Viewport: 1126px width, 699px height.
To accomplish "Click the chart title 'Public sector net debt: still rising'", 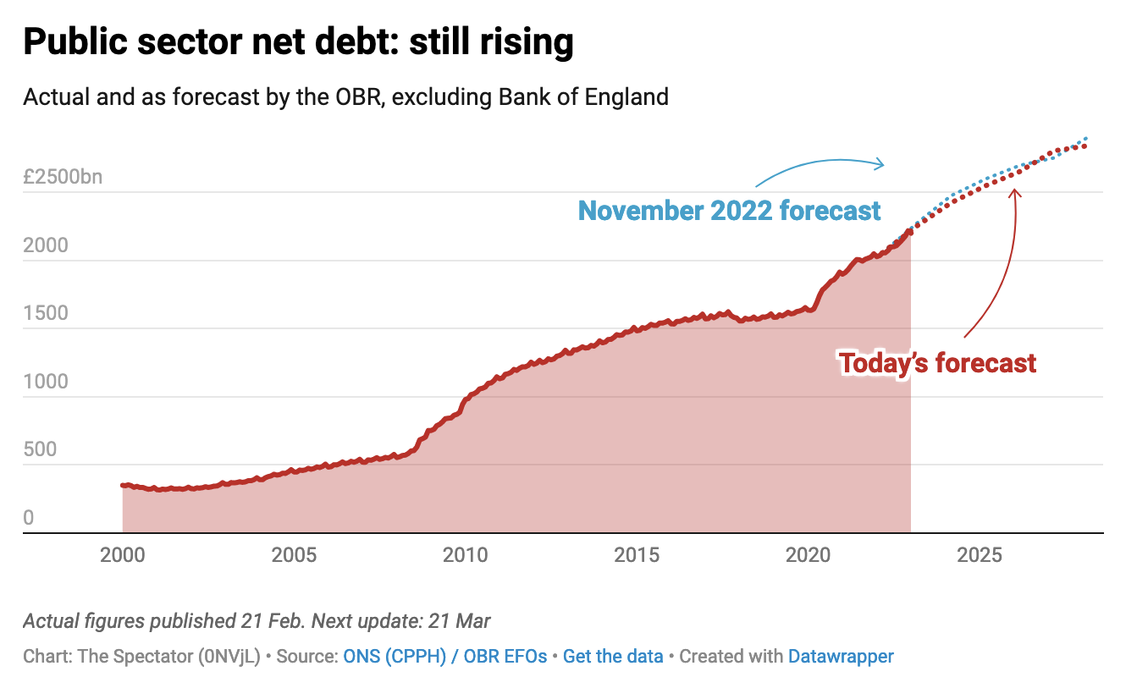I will coord(298,41).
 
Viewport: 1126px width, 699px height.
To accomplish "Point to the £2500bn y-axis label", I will coord(63,177).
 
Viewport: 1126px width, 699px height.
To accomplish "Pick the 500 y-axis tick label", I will coord(40,449).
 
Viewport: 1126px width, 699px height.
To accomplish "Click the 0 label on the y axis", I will coord(29,517).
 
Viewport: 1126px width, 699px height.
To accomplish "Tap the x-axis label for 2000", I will coord(123,555).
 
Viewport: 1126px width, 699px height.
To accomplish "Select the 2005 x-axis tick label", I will coord(294,555).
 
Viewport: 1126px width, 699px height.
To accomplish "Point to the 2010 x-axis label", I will coord(465,555).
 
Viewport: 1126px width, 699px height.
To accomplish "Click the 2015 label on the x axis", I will coord(637,555).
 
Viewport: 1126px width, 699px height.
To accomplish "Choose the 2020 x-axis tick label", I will coord(808,555).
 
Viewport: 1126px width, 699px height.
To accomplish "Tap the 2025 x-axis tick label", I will coord(980,555).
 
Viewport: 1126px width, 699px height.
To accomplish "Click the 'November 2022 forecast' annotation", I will coord(729,210).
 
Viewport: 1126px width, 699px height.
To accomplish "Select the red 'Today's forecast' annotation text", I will coord(938,363).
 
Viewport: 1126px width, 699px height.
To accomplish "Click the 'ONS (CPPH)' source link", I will coord(395,656).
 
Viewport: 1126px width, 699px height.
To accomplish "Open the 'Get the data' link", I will coord(614,656).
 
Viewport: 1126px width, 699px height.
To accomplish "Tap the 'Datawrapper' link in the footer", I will coord(841,656).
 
